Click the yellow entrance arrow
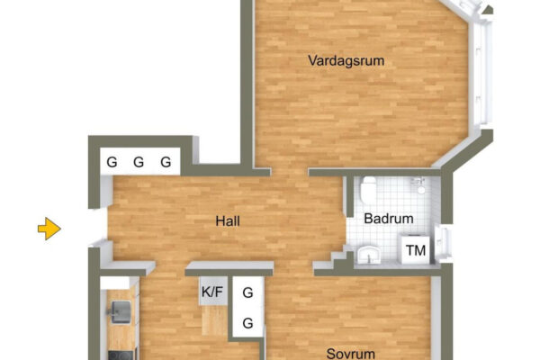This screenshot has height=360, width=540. [49, 229]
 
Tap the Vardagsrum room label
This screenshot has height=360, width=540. [346, 60]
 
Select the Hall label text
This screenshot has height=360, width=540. [228, 221]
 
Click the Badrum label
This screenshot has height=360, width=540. [389, 219]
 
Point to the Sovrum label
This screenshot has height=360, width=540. [351, 354]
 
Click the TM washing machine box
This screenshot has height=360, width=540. [416, 250]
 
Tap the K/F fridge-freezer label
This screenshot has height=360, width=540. [212, 292]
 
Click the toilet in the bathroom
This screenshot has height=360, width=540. [368, 190]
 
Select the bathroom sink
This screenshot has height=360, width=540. [368, 255]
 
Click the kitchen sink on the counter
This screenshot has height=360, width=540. [120, 312]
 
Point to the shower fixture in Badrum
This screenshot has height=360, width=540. [420, 185]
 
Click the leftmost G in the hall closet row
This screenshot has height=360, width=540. [112, 162]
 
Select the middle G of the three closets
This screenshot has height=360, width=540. [139, 162]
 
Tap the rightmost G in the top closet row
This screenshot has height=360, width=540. [166, 162]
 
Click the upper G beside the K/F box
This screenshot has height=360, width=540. [247, 292]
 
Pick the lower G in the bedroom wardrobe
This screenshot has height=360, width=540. [247, 323]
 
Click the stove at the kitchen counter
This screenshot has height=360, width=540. [121, 355]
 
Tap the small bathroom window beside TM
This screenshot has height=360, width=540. [443, 243]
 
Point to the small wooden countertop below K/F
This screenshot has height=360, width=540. [214, 320]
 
